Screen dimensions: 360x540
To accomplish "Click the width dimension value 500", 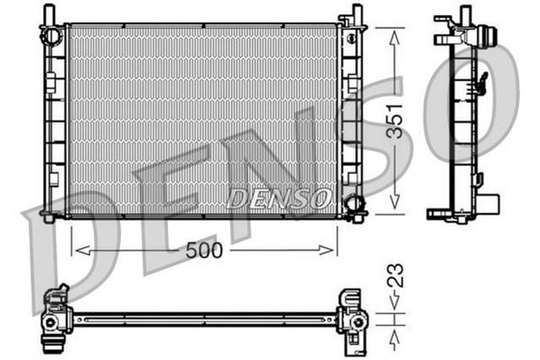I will [x=206, y=250].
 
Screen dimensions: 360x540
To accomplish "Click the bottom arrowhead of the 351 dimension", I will [x=394, y=208].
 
